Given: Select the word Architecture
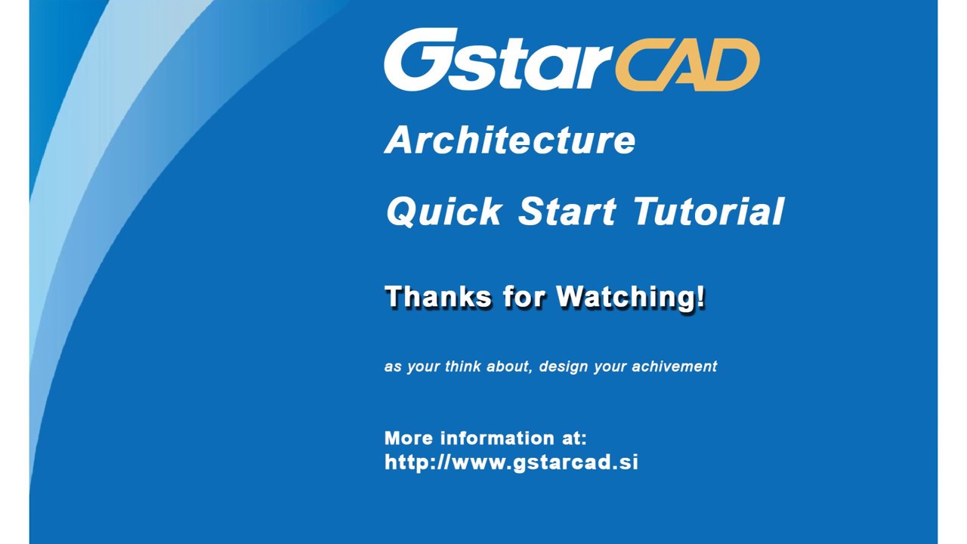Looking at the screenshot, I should tap(511, 141).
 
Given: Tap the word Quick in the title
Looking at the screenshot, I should tap(444, 211).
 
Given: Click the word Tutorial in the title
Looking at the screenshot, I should tap(709, 211).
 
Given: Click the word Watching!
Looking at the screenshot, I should tap(630, 296).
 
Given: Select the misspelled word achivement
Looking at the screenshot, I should tap(675, 366).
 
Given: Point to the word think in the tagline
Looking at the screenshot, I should tap(462, 366).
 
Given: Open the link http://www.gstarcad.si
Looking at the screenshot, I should tap(511, 462).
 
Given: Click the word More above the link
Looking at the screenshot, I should tap(409, 438).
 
